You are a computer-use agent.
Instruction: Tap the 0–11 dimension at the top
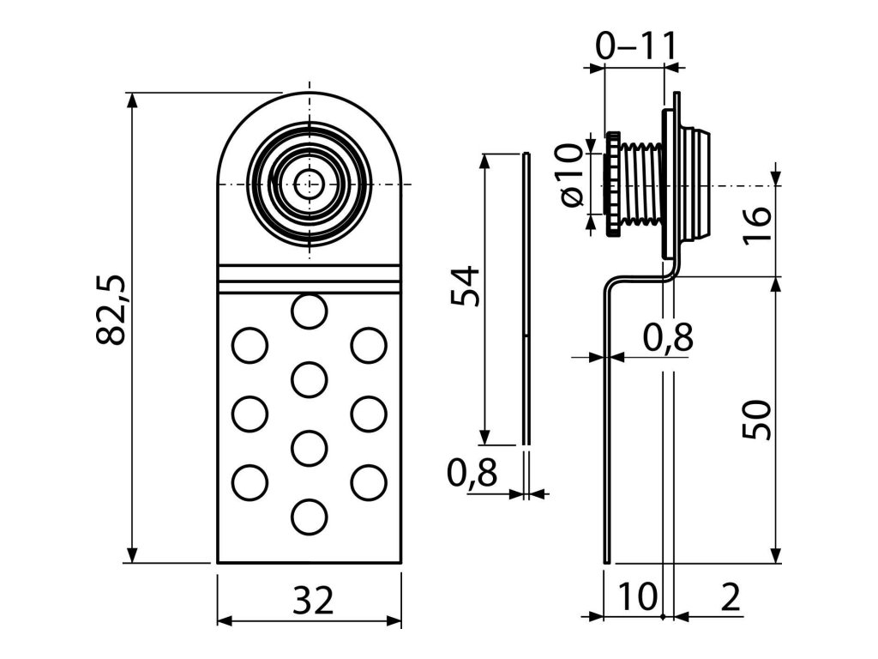[635, 45]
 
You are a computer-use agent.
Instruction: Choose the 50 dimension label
[758, 420]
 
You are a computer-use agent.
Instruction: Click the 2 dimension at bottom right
[730, 596]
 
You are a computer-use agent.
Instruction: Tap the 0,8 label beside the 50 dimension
[666, 338]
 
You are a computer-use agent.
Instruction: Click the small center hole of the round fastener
[309, 182]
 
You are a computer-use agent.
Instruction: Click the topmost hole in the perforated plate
[309, 310]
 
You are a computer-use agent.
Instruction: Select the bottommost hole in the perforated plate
[309, 517]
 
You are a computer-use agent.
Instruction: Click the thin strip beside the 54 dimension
[526, 300]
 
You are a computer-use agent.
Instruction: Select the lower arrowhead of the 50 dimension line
[776, 557]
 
